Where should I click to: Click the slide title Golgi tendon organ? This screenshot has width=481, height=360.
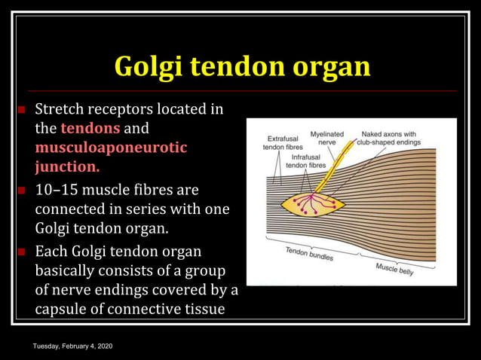coord(241,66)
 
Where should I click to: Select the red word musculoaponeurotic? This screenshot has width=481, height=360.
coord(111,148)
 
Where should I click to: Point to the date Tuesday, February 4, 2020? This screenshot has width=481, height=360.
coord(73,346)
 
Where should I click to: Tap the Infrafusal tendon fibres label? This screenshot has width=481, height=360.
coord(309,161)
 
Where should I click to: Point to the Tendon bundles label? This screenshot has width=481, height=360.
coord(310,253)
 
